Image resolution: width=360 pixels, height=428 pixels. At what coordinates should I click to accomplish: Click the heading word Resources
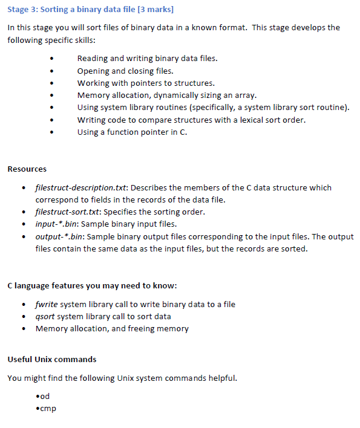[x=27, y=169]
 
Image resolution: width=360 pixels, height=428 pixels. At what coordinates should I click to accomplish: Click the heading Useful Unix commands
[x=52, y=359]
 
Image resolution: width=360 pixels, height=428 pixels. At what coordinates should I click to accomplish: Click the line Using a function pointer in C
[x=132, y=132]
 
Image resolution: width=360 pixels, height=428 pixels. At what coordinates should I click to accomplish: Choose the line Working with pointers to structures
[x=146, y=83]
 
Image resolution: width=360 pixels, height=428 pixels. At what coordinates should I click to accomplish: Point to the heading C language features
[x=92, y=285]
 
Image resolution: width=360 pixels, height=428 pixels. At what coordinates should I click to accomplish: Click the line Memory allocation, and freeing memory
[x=112, y=328]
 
